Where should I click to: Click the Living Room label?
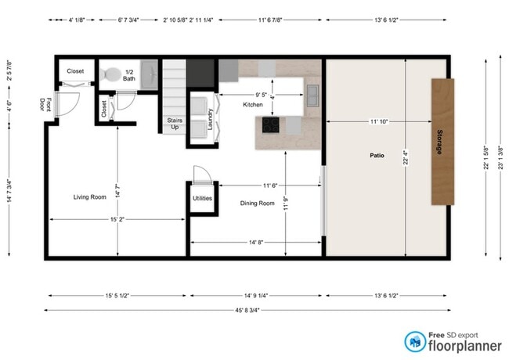pyautogui.click(x=89, y=197)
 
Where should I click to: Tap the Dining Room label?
pyautogui.click(x=257, y=203)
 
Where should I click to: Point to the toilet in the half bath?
pyautogui.click(x=110, y=75)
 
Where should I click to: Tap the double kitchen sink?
pyautogui.click(x=312, y=95)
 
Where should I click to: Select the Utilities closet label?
pyautogui.click(x=202, y=199)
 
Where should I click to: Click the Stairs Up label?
pyautogui.click(x=174, y=124)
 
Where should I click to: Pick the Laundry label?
pyautogui.click(x=210, y=118)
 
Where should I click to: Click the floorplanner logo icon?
pyautogui.click(x=414, y=340)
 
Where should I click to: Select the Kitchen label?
pyautogui.click(x=253, y=104)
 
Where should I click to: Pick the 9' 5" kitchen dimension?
pyautogui.click(x=254, y=95)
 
